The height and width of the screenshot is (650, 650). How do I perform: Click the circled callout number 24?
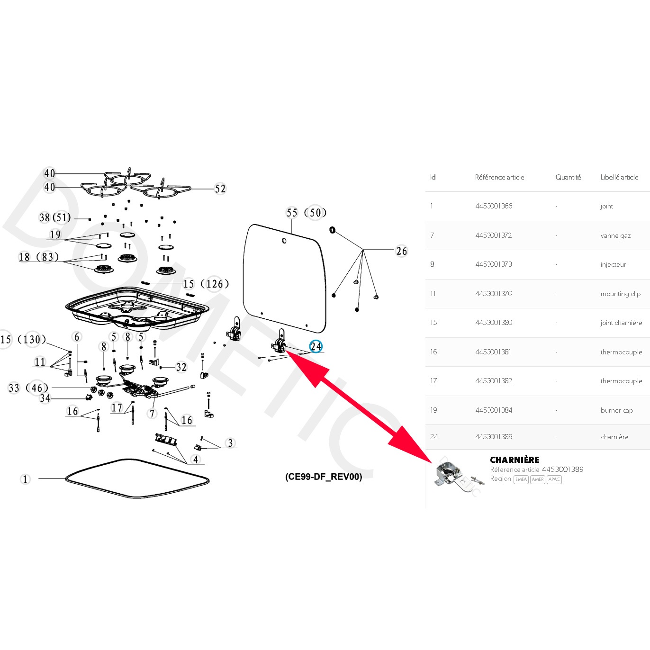pos(316,347)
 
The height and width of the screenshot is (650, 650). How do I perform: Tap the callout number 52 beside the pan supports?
pos(220,189)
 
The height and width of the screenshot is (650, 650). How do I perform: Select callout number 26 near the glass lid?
pos(401,251)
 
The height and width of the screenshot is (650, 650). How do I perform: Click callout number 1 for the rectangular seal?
pos(26,479)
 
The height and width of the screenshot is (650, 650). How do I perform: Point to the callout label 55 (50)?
pos(306,213)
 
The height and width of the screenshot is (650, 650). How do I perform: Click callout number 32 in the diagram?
pos(181,367)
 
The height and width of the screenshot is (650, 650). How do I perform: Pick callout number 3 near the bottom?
pos(230,443)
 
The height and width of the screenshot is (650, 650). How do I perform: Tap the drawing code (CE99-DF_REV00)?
pos(324,477)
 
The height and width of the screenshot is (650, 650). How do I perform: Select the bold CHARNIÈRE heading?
pos(515,460)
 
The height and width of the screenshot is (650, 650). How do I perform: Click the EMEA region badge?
pos(521,479)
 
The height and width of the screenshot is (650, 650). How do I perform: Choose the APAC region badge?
pos(554,479)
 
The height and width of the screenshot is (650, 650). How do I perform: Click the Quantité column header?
pos(568,177)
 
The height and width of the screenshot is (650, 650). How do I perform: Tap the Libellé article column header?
pos(619,177)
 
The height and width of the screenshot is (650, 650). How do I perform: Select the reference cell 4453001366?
pos(494,206)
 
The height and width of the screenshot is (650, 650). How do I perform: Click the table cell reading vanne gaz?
pos(615,235)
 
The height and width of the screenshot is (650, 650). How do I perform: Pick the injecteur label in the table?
pos(613,264)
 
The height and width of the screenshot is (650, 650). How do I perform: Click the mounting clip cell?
pos(620,294)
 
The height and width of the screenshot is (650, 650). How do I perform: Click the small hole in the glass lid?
pos(284,241)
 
